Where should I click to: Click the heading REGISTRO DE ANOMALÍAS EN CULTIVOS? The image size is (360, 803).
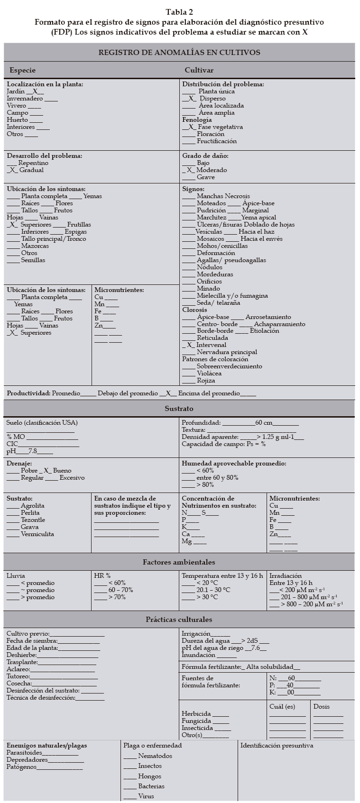(179, 52)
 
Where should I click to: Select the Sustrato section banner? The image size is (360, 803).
(179, 408)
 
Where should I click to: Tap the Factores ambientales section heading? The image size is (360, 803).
(179, 562)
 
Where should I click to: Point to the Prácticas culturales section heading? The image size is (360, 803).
(179, 620)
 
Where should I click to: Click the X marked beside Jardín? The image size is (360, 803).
(35, 91)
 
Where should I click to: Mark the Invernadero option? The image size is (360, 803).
(51, 99)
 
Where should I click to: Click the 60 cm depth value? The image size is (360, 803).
(264, 423)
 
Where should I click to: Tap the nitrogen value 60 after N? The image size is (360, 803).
(291, 678)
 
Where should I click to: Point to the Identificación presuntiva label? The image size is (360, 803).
(277, 746)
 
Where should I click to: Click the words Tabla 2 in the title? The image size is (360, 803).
(179, 12)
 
